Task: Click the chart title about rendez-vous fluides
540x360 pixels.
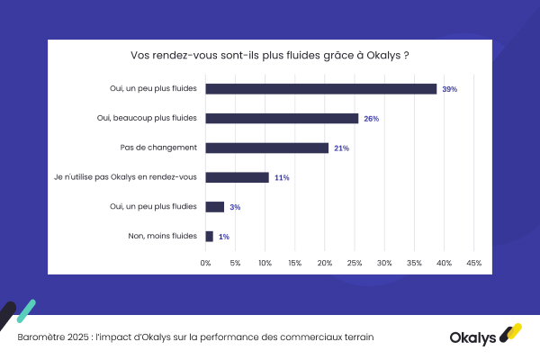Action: (x=270, y=55)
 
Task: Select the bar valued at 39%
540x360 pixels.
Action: (x=321, y=89)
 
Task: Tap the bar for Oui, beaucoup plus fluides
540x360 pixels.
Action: (x=282, y=118)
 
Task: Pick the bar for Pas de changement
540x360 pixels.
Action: (x=267, y=148)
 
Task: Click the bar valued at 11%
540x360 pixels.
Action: (x=238, y=177)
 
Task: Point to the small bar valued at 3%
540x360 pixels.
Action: (x=215, y=207)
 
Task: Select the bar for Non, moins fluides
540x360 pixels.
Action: (x=210, y=237)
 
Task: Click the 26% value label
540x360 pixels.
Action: (x=371, y=119)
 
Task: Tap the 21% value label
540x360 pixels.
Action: (x=341, y=148)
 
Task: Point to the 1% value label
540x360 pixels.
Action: (x=223, y=237)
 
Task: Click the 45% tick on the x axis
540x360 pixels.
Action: (x=473, y=263)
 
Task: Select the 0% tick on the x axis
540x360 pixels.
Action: (x=206, y=263)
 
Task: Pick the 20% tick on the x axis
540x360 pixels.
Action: (x=325, y=263)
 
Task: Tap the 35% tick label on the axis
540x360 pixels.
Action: (x=414, y=263)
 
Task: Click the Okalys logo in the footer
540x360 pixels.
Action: (x=485, y=337)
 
